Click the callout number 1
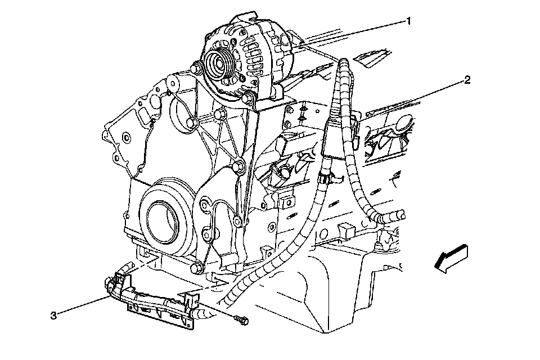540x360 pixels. coord(409,21)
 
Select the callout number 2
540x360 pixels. coord(466,80)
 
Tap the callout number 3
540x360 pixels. coord(54,316)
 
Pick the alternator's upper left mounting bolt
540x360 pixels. coord(196,68)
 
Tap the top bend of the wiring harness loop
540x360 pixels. coord(341,62)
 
